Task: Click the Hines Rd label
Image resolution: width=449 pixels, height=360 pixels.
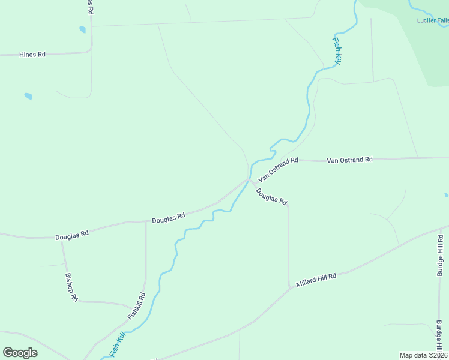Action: pyautogui.click(x=32, y=54)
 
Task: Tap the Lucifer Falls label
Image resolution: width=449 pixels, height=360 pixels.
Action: pyautogui.click(x=432, y=20)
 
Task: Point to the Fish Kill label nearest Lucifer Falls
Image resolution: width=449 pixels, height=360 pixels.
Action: pyautogui.click(x=338, y=51)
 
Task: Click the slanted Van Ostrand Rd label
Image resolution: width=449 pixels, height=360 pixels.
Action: pyautogui.click(x=279, y=170)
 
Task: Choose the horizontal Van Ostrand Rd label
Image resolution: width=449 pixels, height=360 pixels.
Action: pyautogui.click(x=349, y=160)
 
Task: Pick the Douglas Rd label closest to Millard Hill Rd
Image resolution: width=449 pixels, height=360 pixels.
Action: pyautogui.click(x=271, y=196)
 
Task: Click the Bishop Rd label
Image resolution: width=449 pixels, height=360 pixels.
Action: pyautogui.click(x=71, y=287)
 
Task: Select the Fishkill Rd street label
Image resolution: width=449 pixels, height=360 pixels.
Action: pyautogui.click(x=136, y=305)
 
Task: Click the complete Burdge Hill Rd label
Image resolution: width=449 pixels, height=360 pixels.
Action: pyautogui.click(x=440, y=255)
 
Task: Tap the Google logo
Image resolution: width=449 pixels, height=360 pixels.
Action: pyautogui.click(x=20, y=353)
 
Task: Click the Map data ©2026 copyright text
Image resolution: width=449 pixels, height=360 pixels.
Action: pyautogui.click(x=424, y=355)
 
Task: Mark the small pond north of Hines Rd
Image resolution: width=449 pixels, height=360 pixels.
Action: pyautogui.click(x=82, y=29)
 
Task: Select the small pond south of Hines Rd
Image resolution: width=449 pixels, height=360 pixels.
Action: pyautogui.click(x=28, y=96)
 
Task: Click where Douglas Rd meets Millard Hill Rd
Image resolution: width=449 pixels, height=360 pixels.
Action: pyautogui.click(x=289, y=286)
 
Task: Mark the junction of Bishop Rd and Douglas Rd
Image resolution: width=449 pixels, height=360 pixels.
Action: pyautogui.click(x=62, y=238)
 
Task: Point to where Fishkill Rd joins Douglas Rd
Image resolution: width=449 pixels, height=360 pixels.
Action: pyautogui.click(x=146, y=221)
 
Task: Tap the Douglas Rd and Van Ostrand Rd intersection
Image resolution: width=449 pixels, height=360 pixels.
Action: pyautogui.click(x=250, y=179)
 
